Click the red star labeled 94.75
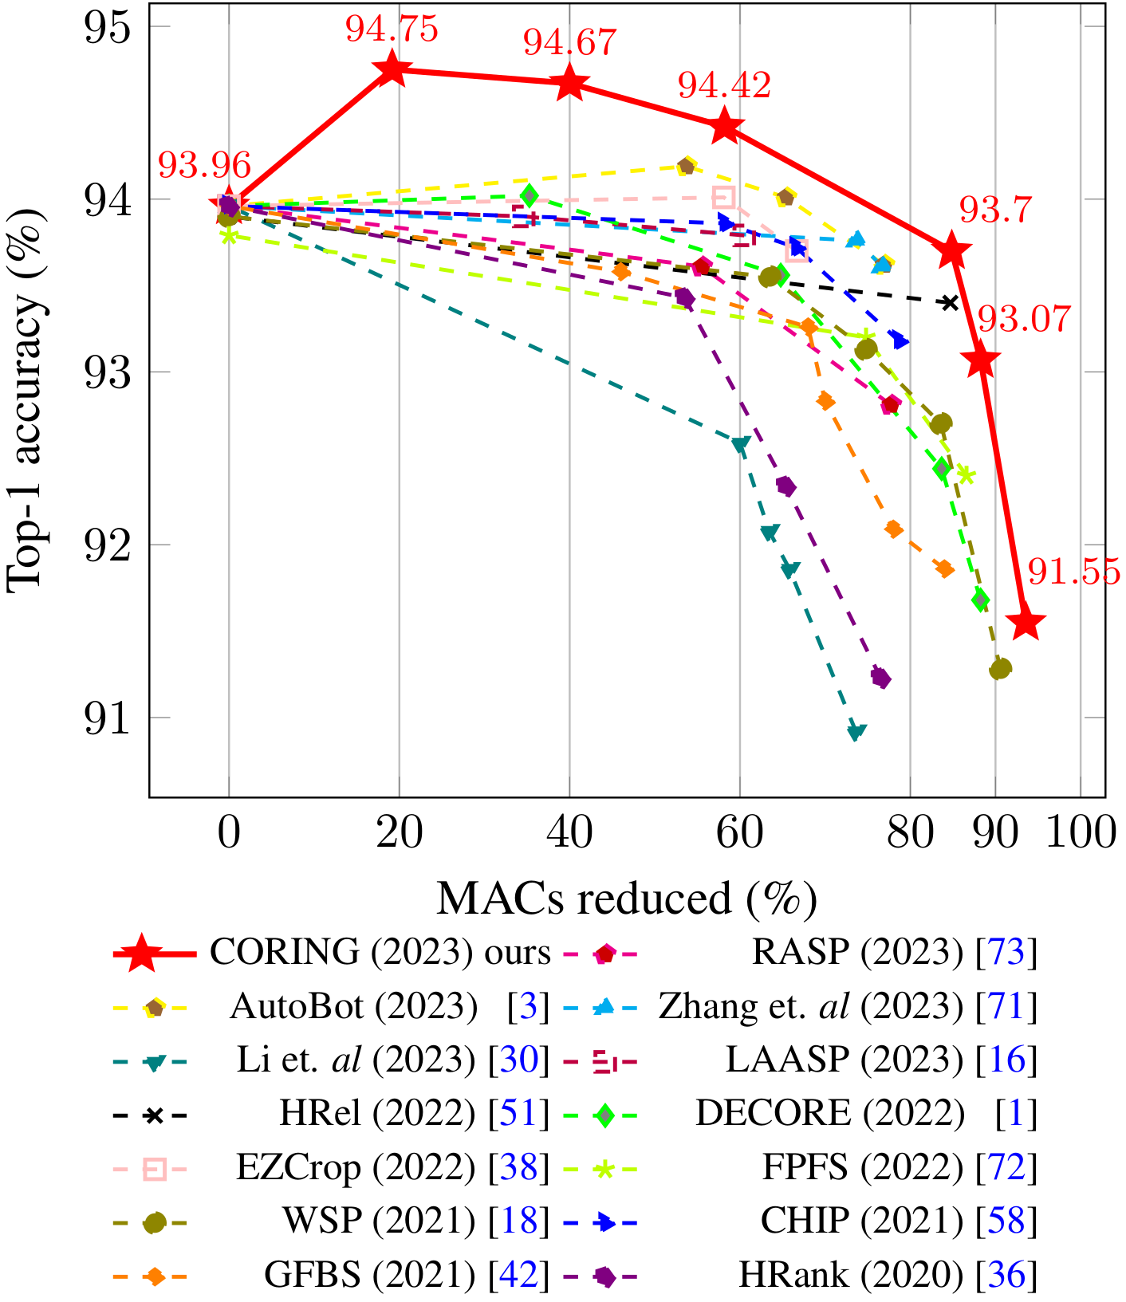coord(392,69)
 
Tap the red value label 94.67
coord(570,42)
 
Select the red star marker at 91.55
coord(1026,624)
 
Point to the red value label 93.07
coord(1025,320)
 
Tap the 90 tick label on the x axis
coord(995,833)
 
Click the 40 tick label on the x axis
coord(569,833)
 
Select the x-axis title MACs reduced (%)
coord(627,899)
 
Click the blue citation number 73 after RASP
coord(1006,952)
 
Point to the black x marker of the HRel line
coord(950,303)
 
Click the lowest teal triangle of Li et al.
coord(856,732)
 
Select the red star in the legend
coord(142,953)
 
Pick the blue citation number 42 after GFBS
coord(518,1276)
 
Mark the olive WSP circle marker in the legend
coord(154,1222)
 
